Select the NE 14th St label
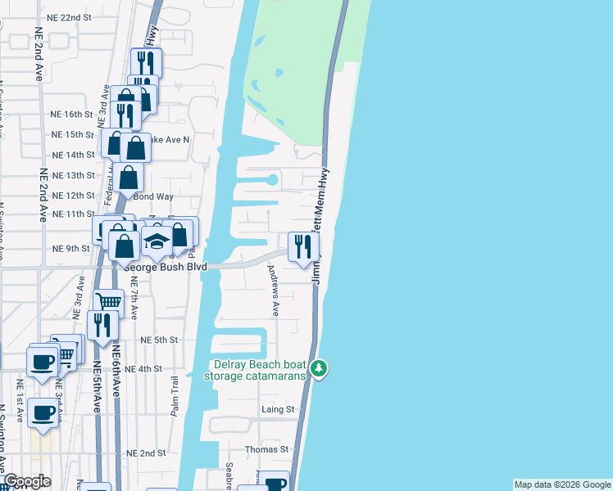(73, 155)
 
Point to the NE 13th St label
(73, 175)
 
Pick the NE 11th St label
(73, 214)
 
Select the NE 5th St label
(159, 340)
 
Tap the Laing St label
(278, 409)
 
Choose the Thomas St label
(268, 449)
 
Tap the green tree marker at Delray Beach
(320, 370)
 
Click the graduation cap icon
(157, 241)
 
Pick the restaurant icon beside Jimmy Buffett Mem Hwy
(303, 245)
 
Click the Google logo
(26, 482)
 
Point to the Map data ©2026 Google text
(562, 484)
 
